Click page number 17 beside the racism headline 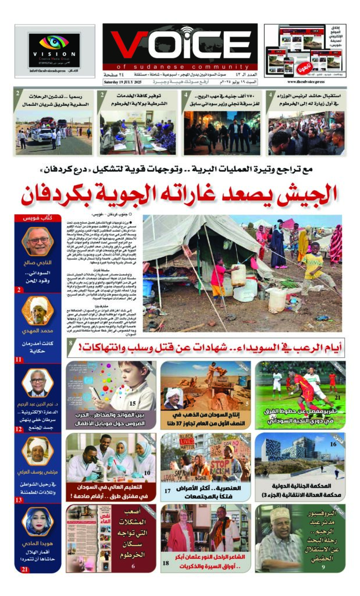tap(167, 491)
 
